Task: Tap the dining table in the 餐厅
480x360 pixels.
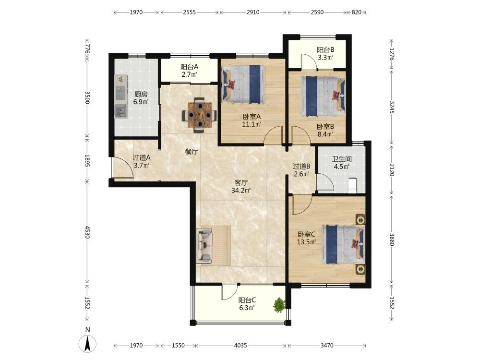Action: (200, 115)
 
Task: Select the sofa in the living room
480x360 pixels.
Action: (204, 245)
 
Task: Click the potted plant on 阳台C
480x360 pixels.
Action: (279, 305)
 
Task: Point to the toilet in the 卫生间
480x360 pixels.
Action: (353, 185)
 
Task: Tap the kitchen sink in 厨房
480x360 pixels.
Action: (121, 111)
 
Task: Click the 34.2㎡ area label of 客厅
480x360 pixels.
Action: (241, 191)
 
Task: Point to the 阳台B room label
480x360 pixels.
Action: (325, 49)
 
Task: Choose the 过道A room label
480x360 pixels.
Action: (142, 157)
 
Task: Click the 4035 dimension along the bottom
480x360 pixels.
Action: (240, 346)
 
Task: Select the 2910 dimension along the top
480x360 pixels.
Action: (253, 12)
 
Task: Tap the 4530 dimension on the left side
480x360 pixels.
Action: (87, 232)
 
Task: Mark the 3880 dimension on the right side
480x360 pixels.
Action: (392, 240)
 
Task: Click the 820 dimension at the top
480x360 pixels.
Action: (357, 12)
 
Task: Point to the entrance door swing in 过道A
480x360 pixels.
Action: (122, 167)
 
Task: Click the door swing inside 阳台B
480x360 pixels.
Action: (309, 61)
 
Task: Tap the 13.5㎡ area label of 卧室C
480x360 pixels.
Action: (306, 242)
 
